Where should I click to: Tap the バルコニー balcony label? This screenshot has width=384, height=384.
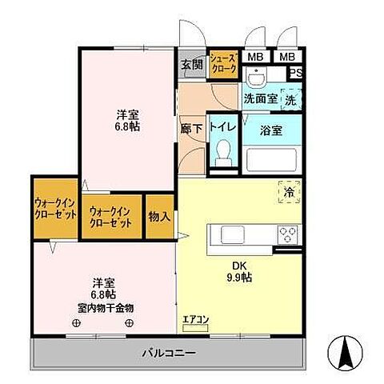(x=168, y=353)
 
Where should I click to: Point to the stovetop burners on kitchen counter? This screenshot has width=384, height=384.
(x=288, y=234)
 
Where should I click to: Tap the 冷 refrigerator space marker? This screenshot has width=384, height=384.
(x=289, y=193)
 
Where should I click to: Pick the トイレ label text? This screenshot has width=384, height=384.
(x=222, y=126)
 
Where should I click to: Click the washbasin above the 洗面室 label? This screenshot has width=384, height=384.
(x=255, y=78)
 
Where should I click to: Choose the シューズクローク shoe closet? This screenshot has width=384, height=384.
(x=223, y=65)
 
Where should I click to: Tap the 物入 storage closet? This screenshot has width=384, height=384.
(x=159, y=216)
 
